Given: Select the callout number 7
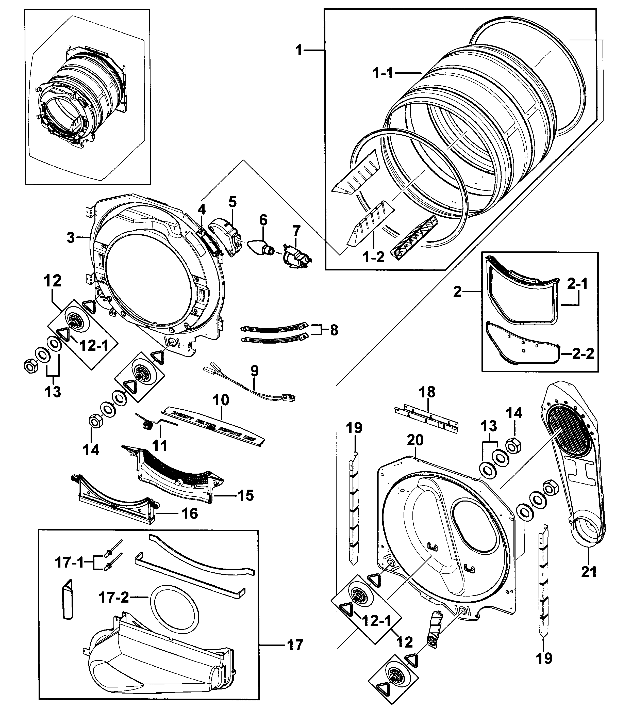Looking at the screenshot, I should (296, 231).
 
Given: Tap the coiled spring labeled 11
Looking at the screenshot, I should (147, 423).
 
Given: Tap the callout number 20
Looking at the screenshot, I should (415, 441).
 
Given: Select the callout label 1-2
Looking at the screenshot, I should (374, 257).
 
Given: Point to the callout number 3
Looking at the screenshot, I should (71, 238).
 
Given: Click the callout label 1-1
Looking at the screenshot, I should (383, 73).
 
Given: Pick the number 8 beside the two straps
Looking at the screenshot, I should (334, 330).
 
